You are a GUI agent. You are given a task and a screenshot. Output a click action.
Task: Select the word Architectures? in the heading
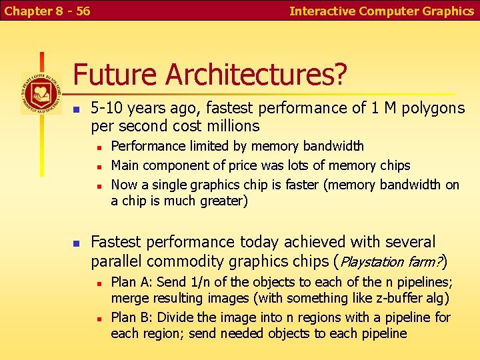point(257,75)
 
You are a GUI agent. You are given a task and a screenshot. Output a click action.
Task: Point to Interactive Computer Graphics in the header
point(381,11)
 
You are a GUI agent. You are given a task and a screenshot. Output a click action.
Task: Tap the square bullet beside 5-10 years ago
point(77,109)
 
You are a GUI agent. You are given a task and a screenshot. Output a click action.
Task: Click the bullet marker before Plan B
point(97,318)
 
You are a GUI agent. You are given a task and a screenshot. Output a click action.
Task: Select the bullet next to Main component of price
point(97,166)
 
